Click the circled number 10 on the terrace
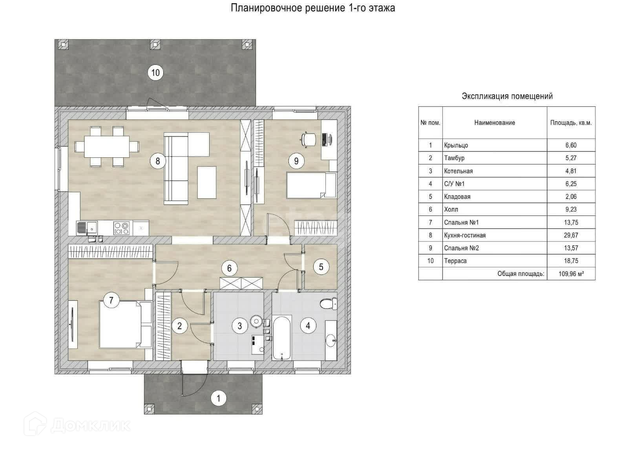[155, 73]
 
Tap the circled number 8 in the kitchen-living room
[158, 161]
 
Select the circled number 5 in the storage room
[321, 267]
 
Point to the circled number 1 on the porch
[219, 399]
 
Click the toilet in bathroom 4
[328, 303]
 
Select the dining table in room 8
[107, 146]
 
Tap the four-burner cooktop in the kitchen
[121, 228]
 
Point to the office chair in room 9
[309, 139]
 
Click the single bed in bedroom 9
[310, 185]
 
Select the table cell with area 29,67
[571, 235]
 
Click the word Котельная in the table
[458, 171]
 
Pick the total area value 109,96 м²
[571, 274]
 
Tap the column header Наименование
[495, 123]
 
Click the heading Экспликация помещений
[507, 96]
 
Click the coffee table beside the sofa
[207, 183]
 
